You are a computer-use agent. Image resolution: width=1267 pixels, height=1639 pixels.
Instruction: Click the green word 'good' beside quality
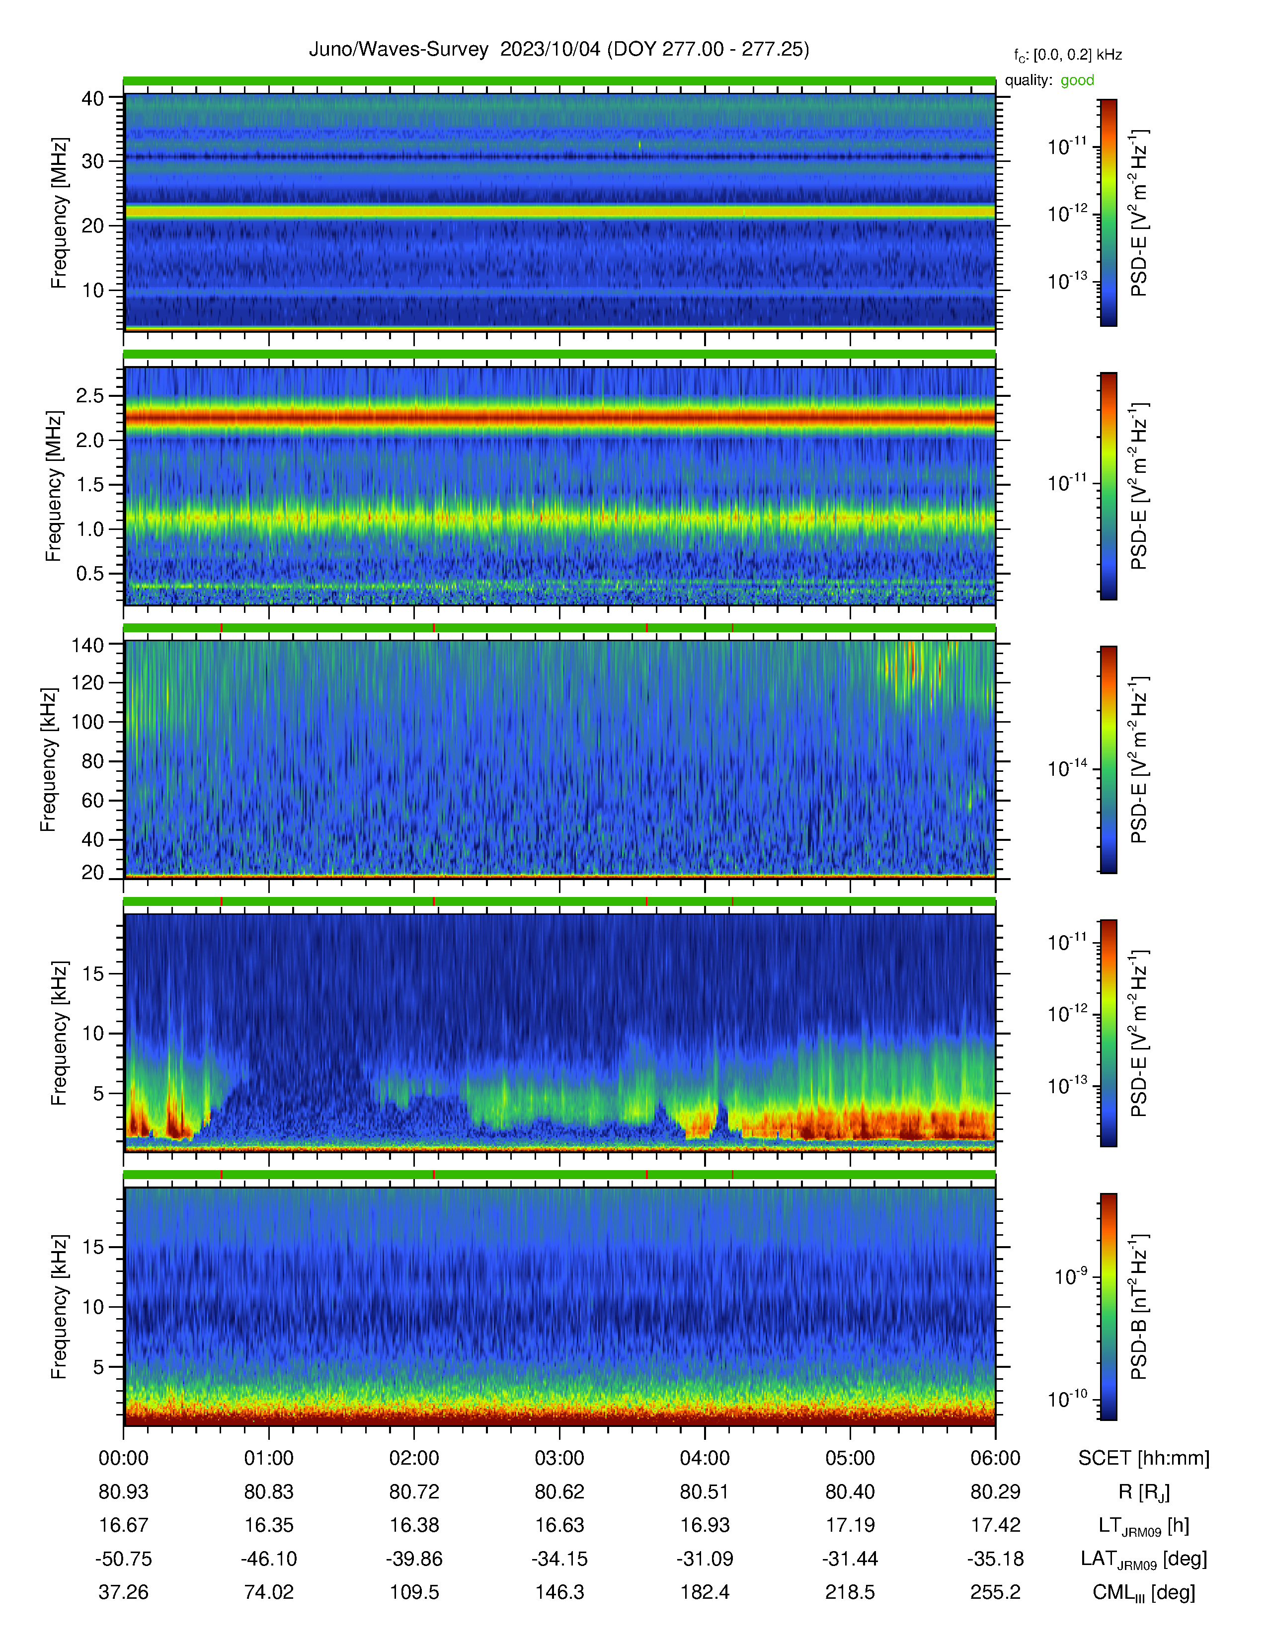[1077, 80]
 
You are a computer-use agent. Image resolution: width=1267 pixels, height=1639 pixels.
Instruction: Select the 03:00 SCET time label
[559, 1458]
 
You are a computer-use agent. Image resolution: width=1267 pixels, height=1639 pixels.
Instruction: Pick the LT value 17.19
[850, 1525]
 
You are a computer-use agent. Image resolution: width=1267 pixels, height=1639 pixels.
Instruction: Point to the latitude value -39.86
[413, 1559]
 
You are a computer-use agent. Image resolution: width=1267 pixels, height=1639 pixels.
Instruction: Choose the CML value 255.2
[995, 1592]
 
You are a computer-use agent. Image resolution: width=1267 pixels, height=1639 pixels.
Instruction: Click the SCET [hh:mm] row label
[1144, 1458]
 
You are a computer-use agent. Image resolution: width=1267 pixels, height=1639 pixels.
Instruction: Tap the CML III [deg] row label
[1144, 1592]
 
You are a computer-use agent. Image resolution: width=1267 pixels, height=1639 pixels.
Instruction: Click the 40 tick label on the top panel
[92, 98]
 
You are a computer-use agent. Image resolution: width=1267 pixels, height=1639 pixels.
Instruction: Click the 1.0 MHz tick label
[90, 529]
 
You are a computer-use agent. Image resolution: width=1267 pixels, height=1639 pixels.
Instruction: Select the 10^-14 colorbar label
[1067, 768]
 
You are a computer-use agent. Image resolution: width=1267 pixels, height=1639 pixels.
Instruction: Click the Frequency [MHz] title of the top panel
[59, 213]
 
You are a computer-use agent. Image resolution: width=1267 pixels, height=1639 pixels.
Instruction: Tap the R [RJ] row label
[1144, 1492]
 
